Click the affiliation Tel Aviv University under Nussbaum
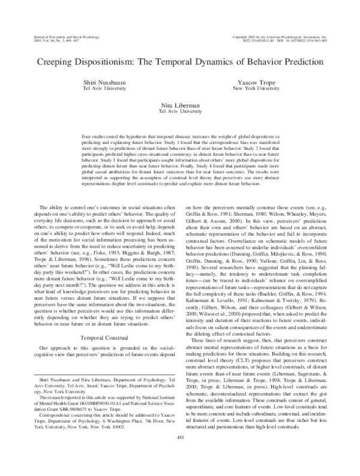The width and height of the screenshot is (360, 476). click(x=100, y=87)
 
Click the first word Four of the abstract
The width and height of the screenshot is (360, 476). click(x=86, y=137)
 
